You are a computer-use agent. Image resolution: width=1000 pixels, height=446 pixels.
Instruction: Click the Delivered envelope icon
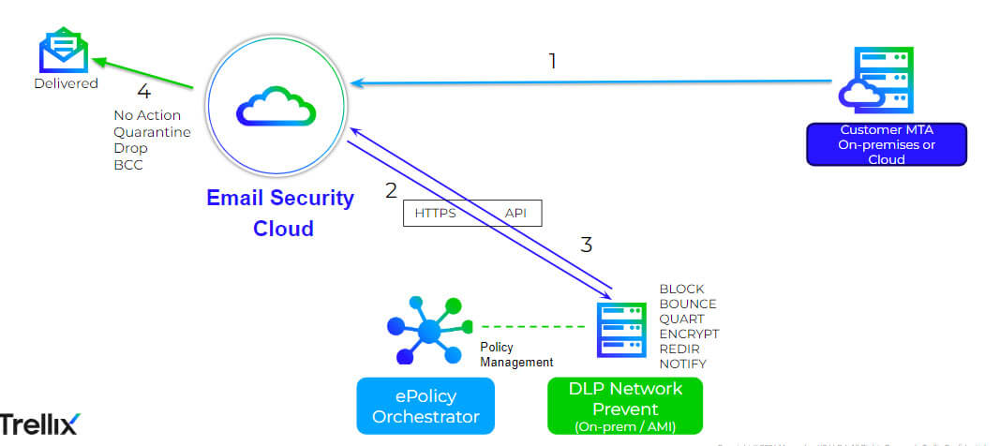click(63, 52)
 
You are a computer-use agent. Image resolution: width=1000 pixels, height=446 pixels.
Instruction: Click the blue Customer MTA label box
click(887, 144)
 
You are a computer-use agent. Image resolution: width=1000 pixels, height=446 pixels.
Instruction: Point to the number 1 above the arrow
click(552, 61)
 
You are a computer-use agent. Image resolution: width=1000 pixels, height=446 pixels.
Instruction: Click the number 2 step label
click(391, 191)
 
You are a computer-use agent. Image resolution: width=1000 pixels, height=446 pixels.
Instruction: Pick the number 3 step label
click(587, 245)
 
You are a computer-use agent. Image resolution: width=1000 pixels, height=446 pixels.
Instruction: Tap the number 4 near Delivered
click(143, 92)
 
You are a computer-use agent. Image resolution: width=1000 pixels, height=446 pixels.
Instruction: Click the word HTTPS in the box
click(435, 214)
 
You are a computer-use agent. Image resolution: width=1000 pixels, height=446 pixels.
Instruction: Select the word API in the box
click(515, 214)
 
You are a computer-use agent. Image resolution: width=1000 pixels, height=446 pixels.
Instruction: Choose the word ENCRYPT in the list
click(689, 334)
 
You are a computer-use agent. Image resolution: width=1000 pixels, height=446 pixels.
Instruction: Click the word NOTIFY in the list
click(683, 364)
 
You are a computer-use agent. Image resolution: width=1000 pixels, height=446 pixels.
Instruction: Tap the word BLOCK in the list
click(681, 289)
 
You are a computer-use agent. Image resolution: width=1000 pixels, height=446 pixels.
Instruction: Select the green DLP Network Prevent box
click(625, 406)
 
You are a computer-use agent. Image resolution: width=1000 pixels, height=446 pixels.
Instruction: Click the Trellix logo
click(39, 424)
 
